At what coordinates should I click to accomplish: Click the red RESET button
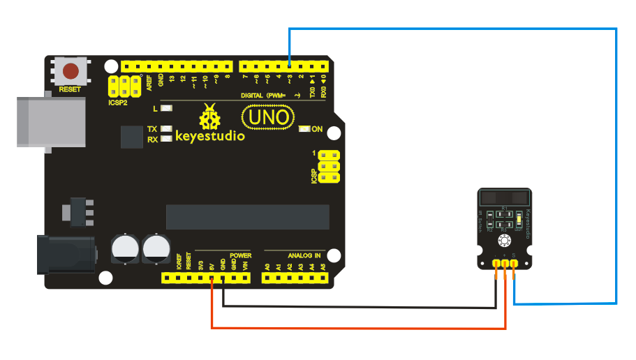tap(71, 71)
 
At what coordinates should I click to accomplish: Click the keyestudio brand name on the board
tap(209, 136)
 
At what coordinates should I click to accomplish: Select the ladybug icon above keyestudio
tap(209, 117)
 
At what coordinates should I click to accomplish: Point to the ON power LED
tap(304, 129)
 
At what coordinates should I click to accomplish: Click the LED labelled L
tap(165, 108)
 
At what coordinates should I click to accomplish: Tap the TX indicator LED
tap(165, 129)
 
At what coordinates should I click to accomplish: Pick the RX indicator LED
tap(165, 139)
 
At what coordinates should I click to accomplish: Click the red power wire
tap(349, 327)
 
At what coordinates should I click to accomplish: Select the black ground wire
tap(349, 306)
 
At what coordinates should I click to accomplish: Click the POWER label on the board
tap(240, 256)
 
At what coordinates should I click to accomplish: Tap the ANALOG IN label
tap(303, 256)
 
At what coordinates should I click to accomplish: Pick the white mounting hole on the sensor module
tap(503, 241)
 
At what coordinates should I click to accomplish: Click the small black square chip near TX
tap(131, 136)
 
